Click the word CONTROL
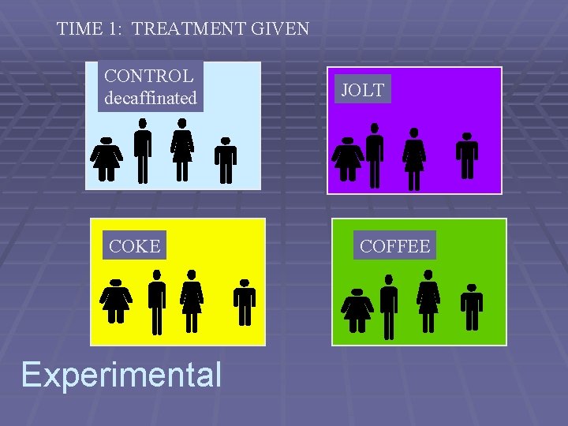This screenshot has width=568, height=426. coord(149,77)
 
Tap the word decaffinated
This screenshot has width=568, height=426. coord(151,99)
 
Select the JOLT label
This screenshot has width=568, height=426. coord(362,90)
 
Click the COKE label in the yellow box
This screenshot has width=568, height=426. coord(135,246)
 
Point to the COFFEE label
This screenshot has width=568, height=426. coord(395,246)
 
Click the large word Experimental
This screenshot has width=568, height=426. coord(121,374)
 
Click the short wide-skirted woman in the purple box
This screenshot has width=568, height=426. coord(347,159)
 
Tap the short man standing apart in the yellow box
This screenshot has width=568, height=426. coord(245,302)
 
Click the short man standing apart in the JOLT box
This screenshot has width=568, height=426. coord(467,155)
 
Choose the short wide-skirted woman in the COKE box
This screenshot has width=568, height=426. coord(116,301)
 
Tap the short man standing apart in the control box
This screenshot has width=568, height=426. coord(226,161)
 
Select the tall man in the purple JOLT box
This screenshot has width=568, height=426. coord(375,155)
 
